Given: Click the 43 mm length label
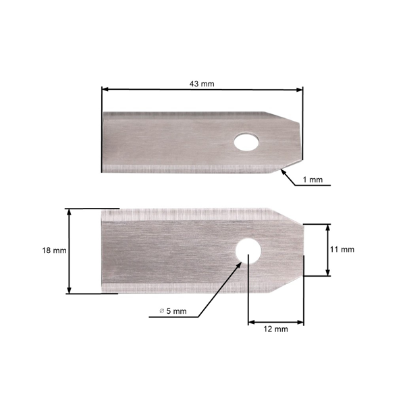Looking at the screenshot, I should click(202, 84).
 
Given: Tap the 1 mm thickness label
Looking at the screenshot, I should click(313, 180).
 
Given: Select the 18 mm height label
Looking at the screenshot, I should click(54, 250).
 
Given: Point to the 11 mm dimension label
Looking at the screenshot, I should click(342, 249).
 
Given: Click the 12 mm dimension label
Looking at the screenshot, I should click(275, 329).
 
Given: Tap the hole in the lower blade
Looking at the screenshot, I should click(248, 250).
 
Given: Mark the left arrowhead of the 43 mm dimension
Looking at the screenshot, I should click(105, 88).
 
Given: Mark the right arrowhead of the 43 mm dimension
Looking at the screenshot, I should click(299, 88).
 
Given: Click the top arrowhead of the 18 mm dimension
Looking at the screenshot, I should click(69, 212).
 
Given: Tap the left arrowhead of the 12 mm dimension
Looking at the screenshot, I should click(252, 322).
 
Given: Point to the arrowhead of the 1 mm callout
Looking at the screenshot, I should click(282, 171).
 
